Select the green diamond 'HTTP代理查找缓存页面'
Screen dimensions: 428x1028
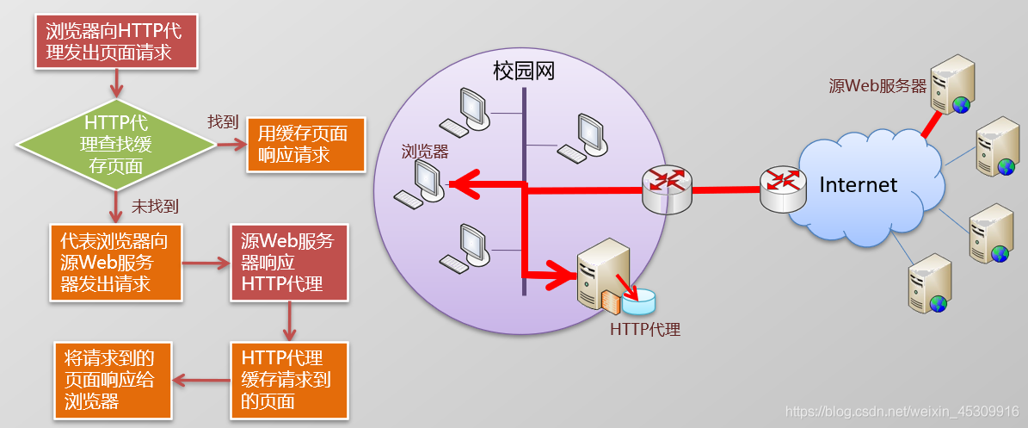click(x=115, y=144)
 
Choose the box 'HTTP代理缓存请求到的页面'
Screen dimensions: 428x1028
click(x=288, y=379)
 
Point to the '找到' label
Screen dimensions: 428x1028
click(x=223, y=122)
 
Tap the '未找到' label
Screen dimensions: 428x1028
click(x=155, y=207)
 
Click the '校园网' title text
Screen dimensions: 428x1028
click(x=524, y=71)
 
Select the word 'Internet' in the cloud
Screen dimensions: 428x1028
click(x=858, y=184)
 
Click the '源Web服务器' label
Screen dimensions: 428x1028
click(x=877, y=86)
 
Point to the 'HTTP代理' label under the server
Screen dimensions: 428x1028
click(x=645, y=329)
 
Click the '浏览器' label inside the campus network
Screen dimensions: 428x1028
click(x=425, y=152)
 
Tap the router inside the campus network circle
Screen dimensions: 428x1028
click(x=667, y=189)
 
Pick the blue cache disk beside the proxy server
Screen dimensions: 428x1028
click(x=638, y=301)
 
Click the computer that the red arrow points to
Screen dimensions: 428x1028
click(x=422, y=183)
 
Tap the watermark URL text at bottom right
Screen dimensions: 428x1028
click(x=903, y=412)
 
